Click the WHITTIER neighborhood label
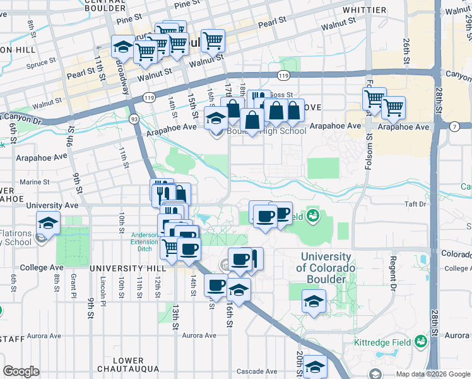pyautogui.click(x=364, y=10)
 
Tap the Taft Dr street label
pyautogui.click(x=416, y=204)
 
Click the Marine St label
pyautogui.click(x=34, y=182)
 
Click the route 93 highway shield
pyautogui.click(x=134, y=119)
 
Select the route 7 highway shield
pyautogui.click(x=454, y=127)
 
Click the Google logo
pyautogui.click(x=21, y=371)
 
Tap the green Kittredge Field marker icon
pyautogui.click(x=420, y=342)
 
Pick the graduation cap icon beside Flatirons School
pyautogui.click(x=47, y=224)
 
